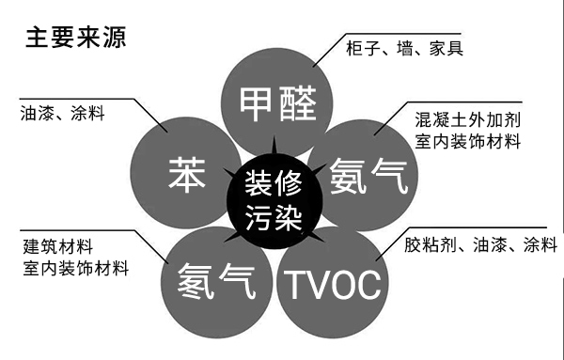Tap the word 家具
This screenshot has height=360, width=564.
click(x=446, y=47)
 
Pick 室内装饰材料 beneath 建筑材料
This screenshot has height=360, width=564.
click(x=75, y=269)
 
